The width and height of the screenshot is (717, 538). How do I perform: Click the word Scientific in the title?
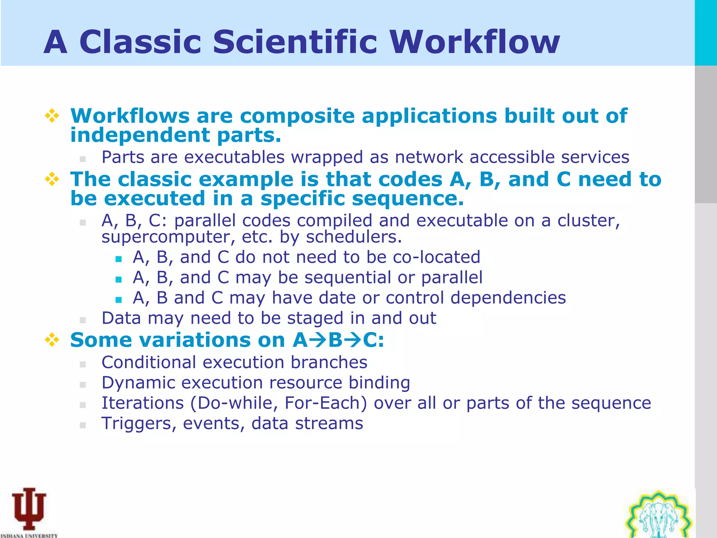click(295, 42)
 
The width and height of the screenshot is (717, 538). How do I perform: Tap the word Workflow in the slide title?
click(474, 42)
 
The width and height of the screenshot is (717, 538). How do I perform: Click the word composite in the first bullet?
click(297, 117)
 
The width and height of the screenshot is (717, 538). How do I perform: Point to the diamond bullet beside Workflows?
click(52, 116)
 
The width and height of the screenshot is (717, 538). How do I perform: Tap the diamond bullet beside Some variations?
click(52, 340)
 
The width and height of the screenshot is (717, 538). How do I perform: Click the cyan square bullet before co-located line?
click(118, 259)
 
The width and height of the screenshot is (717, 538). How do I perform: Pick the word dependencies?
click(508, 298)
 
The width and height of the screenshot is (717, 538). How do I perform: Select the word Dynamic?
click(139, 383)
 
